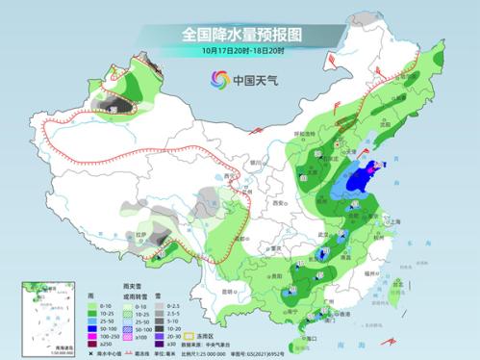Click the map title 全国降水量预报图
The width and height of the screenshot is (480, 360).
click(x=240, y=33)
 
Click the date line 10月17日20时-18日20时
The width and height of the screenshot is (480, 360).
click(x=240, y=50)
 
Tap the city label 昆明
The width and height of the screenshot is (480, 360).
click(x=229, y=290)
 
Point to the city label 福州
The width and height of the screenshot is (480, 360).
click(x=374, y=273)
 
